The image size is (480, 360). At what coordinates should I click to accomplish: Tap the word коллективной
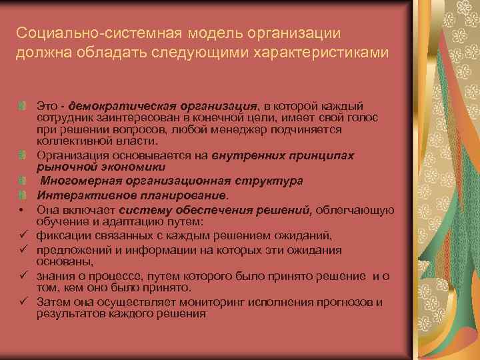(69, 141)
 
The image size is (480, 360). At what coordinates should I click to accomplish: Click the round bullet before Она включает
(22, 209)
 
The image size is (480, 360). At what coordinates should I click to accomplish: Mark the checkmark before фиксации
(23, 234)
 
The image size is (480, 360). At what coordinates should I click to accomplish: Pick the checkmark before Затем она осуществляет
(23, 302)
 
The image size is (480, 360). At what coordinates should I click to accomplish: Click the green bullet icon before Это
(23, 107)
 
